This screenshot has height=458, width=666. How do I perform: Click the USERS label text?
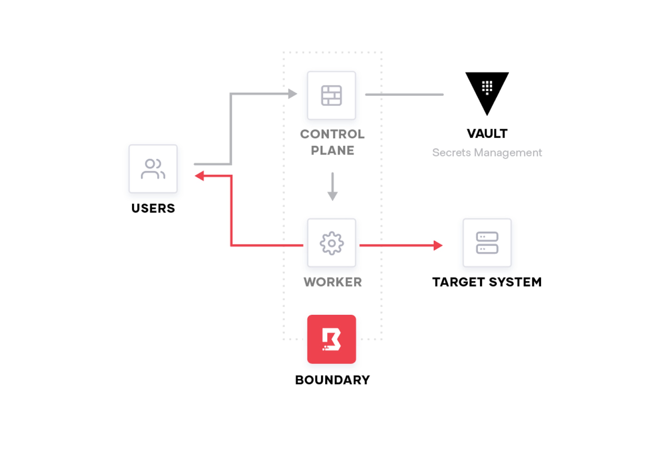(x=153, y=208)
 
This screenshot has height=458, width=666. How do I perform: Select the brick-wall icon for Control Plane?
(x=331, y=96)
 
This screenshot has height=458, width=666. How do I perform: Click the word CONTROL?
(x=332, y=134)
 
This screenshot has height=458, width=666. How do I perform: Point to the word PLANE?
(x=332, y=150)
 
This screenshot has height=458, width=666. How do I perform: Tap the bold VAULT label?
(x=487, y=133)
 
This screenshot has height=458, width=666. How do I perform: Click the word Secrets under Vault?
(x=452, y=152)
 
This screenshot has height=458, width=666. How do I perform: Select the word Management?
(x=508, y=153)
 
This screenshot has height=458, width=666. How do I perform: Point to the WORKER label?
(x=332, y=282)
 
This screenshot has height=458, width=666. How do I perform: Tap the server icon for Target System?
(x=487, y=243)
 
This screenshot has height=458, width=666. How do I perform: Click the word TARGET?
(x=458, y=282)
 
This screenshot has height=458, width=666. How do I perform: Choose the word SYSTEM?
(x=515, y=282)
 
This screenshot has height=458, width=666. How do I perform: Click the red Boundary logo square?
(x=331, y=339)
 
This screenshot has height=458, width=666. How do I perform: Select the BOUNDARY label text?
(x=332, y=380)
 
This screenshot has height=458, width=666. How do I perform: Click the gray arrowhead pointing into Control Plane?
(x=293, y=94)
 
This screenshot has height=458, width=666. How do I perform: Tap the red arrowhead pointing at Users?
(x=200, y=176)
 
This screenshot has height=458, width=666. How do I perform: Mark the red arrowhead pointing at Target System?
(x=438, y=245)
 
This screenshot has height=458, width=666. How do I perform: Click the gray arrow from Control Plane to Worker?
(x=332, y=187)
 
